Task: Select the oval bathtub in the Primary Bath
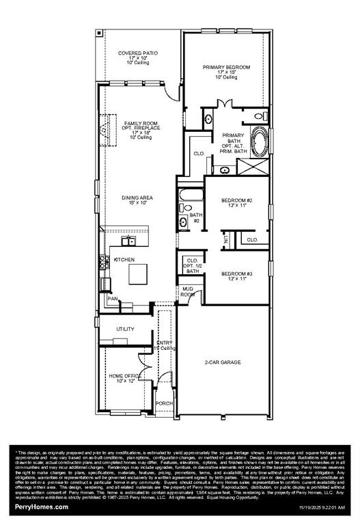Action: click(x=260, y=142)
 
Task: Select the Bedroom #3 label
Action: click(x=236, y=277)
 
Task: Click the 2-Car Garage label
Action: click(x=223, y=362)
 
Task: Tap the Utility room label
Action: click(x=124, y=329)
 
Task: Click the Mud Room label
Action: click(x=187, y=292)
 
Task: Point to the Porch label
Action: click(x=164, y=403)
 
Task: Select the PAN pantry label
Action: click(x=112, y=298)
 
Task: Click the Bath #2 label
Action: click(x=195, y=217)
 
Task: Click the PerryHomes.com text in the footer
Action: click(x=42, y=507)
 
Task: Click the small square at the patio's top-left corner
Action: click(x=99, y=32)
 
